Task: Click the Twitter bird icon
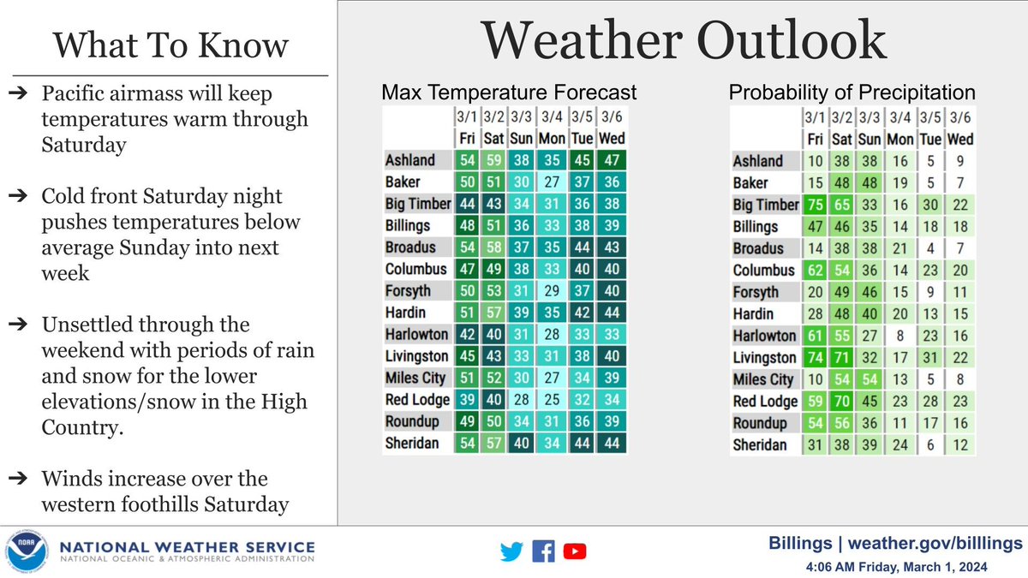coord(511,552)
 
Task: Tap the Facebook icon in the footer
coord(543,552)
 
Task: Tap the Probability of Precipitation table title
coord(852,92)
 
